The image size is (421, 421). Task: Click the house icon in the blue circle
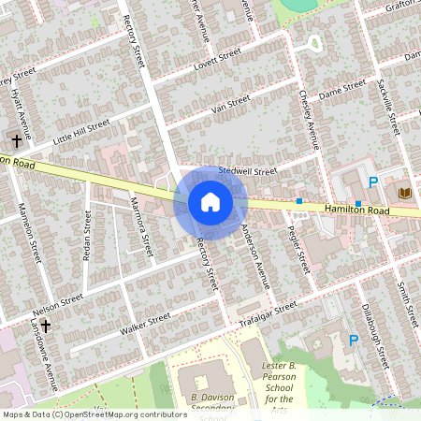tap(210, 202)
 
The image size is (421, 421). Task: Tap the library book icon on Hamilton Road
tap(404, 193)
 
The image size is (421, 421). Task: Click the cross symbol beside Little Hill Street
tap(17, 142)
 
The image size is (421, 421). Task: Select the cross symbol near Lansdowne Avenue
tap(46, 326)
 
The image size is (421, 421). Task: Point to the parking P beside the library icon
tap(373, 182)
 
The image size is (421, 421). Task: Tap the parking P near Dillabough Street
tap(353, 341)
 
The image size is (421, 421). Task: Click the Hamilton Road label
tap(357, 211)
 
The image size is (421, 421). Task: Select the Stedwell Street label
tap(248, 172)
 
